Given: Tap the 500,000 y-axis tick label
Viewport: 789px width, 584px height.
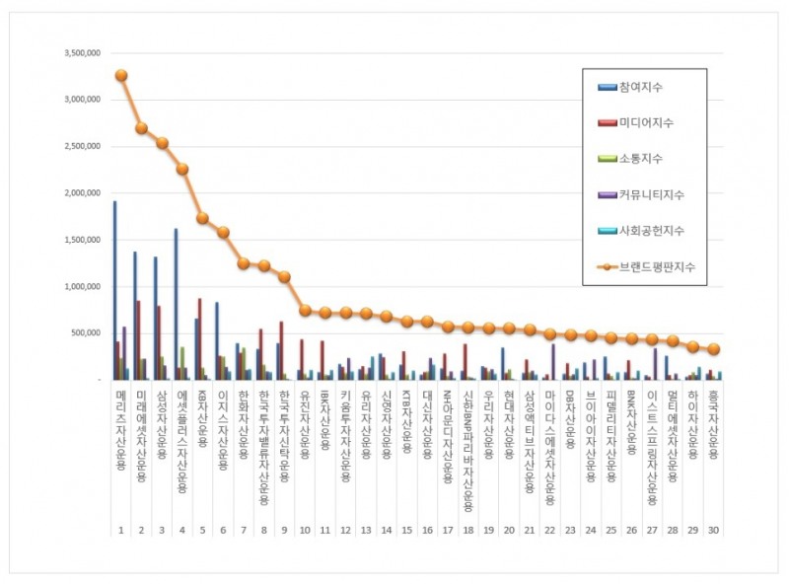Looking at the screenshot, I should click(85, 333).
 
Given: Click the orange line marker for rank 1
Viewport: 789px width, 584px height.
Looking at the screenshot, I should click(120, 75).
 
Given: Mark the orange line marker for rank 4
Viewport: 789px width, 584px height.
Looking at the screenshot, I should click(182, 169).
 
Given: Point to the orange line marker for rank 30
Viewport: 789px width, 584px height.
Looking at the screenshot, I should click(713, 349).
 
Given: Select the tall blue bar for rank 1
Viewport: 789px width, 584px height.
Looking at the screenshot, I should click(114, 290).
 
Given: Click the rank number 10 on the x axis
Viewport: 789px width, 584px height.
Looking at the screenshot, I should click(305, 530).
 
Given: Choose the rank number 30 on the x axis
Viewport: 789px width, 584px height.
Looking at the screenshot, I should click(713, 530).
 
